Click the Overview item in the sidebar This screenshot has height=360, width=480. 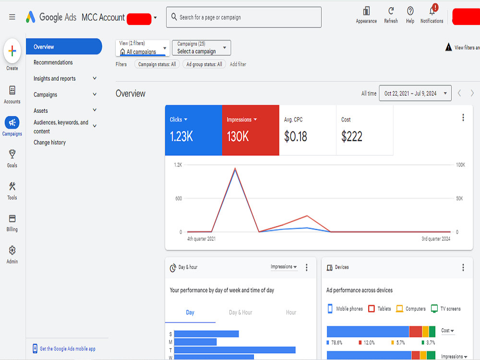tap(64, 47)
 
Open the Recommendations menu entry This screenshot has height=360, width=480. tap(53, 62)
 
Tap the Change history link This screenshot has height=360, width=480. tap(49, 143)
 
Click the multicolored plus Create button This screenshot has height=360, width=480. tap(12, 51)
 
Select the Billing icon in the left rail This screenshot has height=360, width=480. tap(12, 218)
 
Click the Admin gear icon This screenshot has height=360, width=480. tap(12, 251)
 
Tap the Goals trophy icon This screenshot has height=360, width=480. tap(12, 154)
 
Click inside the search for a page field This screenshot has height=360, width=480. tap(244, 17)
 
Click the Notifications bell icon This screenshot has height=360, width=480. tap(432, 12)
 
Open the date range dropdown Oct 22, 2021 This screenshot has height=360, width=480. tap(415, 94)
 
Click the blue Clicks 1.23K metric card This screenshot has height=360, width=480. tap(193, 130)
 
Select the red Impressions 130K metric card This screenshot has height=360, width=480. tap(251, 130)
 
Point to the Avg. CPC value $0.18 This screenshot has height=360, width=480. tap(295, 136)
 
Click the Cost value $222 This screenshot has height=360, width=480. tap(352, 136)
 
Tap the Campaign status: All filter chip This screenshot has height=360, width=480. tap(157, 64)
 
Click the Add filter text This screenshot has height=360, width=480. tap(238, 64)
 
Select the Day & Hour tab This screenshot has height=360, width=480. tap(240, 312)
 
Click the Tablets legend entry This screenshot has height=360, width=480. tap(380, 309)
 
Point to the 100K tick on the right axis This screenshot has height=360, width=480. tap(460, 165)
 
